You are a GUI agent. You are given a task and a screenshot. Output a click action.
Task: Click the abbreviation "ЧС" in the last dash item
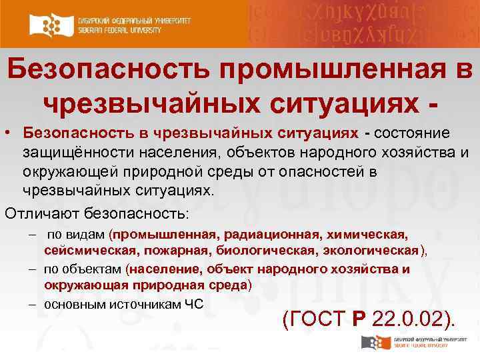(193, 304)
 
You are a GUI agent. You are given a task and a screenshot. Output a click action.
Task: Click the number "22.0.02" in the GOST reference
(409, 319)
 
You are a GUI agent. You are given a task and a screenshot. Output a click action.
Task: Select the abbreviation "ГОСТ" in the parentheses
(315, 319)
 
